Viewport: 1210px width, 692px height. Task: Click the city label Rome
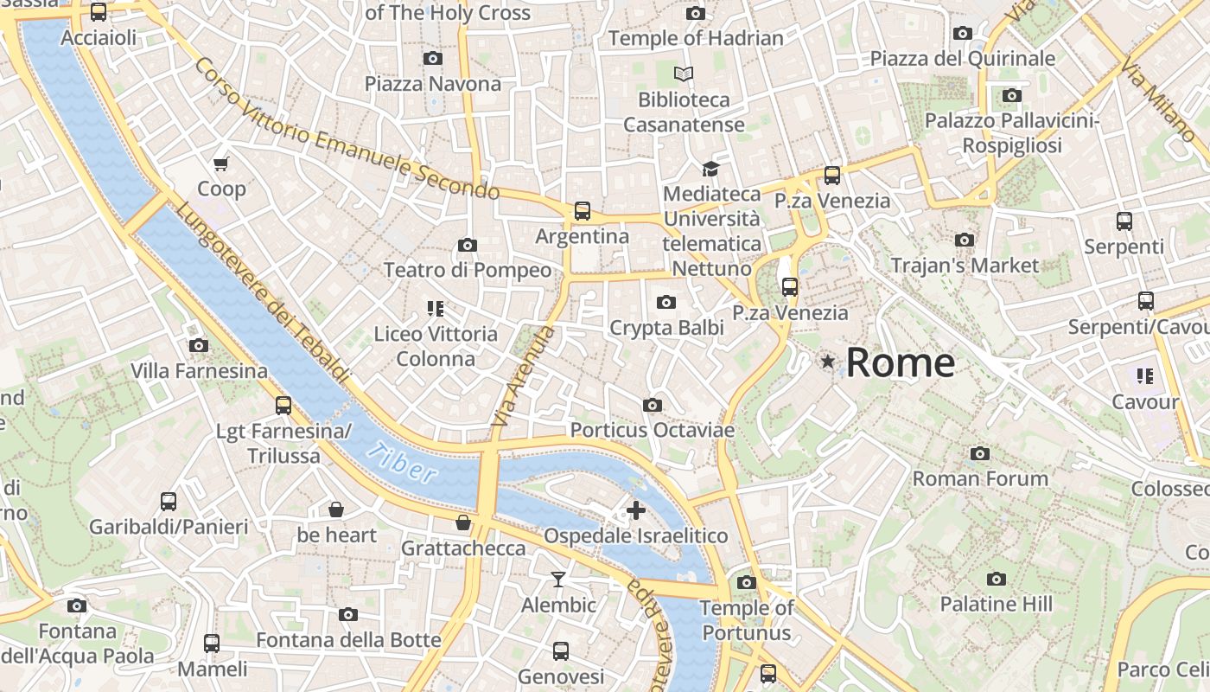pos(900,362)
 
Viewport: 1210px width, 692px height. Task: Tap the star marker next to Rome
pos(829,362)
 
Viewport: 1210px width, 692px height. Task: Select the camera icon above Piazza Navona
pos(433,58)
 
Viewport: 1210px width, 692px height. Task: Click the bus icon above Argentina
pos(583,210)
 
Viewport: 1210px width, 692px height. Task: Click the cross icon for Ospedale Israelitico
pos(635,510)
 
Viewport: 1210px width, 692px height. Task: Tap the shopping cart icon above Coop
pos(221,163)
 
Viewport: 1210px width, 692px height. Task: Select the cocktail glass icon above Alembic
pos(558,579)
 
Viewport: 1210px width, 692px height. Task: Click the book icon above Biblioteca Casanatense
pos(684,74)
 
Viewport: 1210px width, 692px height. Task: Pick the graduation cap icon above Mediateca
pos(710,169)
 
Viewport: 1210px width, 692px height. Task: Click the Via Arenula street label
pos(521,376)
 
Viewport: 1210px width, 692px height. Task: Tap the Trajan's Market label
pos(965,265)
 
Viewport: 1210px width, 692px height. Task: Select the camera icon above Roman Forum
pos(979,453)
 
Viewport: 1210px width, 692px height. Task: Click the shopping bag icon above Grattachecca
pos(463,522)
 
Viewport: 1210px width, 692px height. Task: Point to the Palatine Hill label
pos(996,604)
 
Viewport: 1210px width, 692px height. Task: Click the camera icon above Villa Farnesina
pos(199,345)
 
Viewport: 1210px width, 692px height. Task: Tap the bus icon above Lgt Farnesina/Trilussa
pos(283,405)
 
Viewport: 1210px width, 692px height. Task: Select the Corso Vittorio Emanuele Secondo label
pos(346,128)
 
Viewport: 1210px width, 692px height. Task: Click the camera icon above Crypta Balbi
pos(665,302)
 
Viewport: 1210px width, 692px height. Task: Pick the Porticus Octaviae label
pos(652,430)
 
